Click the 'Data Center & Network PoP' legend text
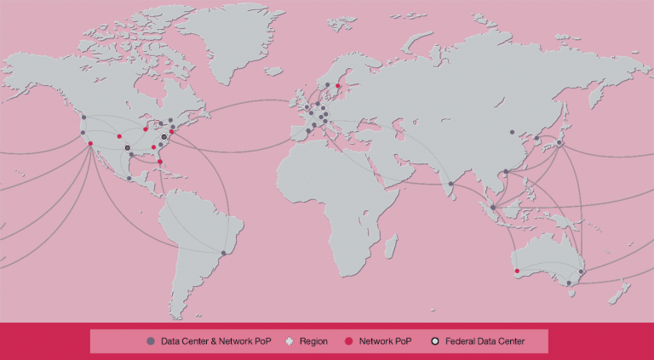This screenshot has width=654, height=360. pos(215,341)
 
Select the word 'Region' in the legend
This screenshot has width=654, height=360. pos(313,341)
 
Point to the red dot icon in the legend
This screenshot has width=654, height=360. pos(348,341)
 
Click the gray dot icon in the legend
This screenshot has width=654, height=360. pos(151,341)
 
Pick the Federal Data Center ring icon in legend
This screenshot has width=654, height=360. pos(435,341)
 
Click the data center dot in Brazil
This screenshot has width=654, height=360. pos(223,253)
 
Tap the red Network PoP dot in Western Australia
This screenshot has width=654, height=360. pos(517,271)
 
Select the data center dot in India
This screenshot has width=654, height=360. pos(450,184)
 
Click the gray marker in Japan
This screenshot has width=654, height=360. pos(559,143)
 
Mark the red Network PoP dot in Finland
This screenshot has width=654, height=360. pos(338,86)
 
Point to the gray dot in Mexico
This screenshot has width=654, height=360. pos(129,179)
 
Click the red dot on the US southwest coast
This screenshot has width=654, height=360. pos(90,143)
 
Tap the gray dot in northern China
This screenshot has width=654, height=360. pos(512,132)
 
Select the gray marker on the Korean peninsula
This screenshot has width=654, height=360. pos(536,138)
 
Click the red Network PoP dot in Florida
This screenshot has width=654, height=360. pos(160,162)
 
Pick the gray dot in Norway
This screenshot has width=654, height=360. pos(327,85)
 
